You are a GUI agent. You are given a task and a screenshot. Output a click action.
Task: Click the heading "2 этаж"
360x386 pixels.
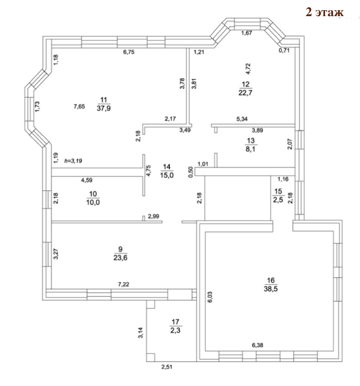(325, 12)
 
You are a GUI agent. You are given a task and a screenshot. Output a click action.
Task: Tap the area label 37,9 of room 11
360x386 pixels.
(103, 108)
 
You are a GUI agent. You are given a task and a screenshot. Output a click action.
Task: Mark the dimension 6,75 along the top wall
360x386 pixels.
(129, 53)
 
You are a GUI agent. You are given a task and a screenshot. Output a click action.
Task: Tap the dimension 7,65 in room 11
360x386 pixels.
(79, 106)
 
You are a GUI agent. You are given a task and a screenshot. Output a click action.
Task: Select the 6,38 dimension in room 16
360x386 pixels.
(258, 345)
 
